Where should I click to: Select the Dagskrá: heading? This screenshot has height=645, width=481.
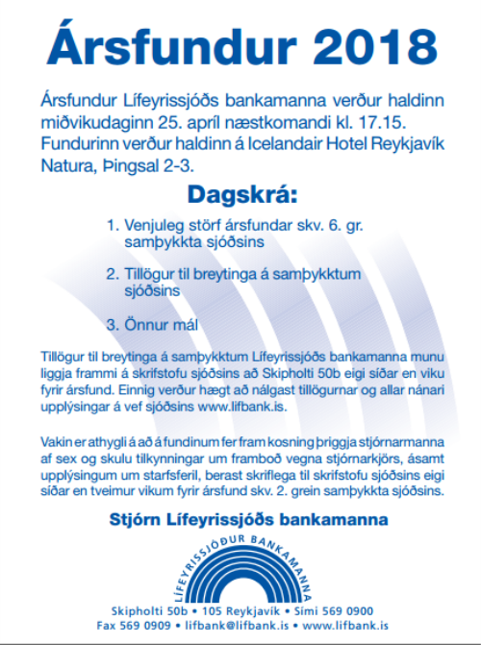click(238, 195)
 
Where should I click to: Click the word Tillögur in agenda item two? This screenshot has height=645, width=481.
click(153, 273)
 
